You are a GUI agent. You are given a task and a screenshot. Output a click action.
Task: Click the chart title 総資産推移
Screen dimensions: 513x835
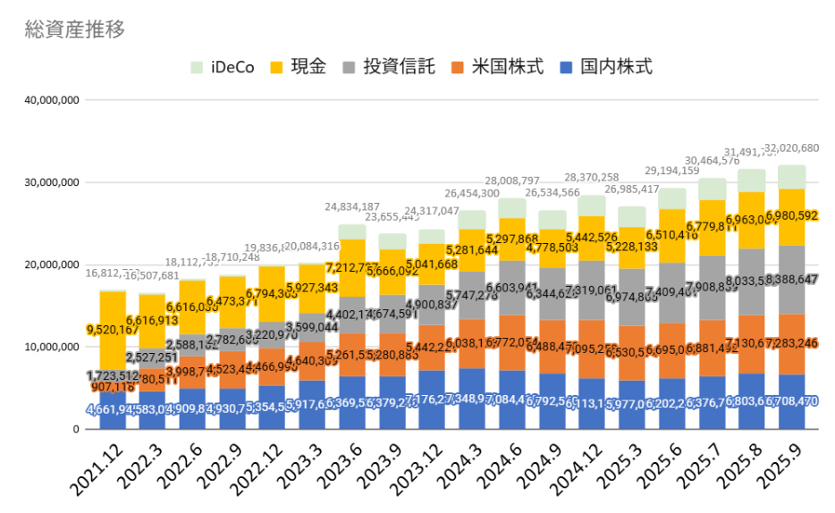(x=75, y=29)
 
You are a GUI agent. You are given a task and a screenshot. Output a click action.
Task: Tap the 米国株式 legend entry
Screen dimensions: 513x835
(x=497, y=67)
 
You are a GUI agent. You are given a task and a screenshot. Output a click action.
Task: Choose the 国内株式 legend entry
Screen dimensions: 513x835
(x=605, y=67)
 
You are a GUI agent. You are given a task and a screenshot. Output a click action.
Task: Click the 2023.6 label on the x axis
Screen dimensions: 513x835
(x=346, y=469)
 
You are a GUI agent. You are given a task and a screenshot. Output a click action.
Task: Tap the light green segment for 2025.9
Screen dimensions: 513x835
(x=791, y=176)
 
